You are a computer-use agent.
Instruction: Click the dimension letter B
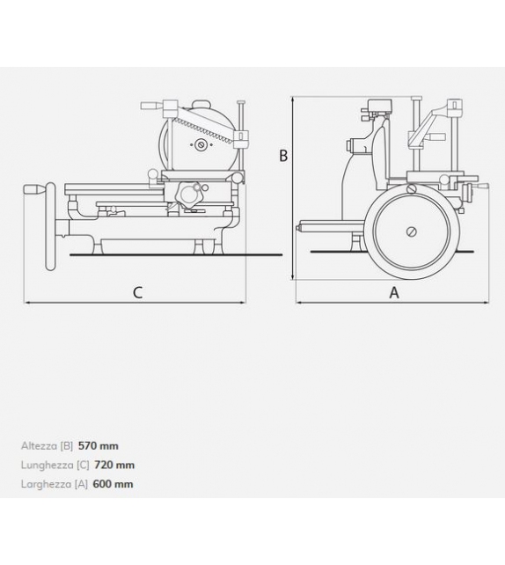(x=283, y=156)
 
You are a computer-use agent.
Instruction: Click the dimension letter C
(x=137, y=293)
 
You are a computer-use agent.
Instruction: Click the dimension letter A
(x=393, y=293)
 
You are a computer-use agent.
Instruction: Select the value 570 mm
(x=98, y=446)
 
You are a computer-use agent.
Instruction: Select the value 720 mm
(x=114, y=465)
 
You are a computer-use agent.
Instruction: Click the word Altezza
(x=39, y=446)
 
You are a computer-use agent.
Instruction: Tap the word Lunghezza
(x=47, y=465)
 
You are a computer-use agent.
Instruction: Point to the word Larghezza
(x=46, y=484)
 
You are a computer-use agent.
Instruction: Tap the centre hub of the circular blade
(x=201, y=144)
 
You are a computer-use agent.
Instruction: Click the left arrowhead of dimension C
(x=26, y=302)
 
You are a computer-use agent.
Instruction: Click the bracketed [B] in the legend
(x=68, y=446)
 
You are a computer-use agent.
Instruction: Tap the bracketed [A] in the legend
(x=82, y=484)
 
